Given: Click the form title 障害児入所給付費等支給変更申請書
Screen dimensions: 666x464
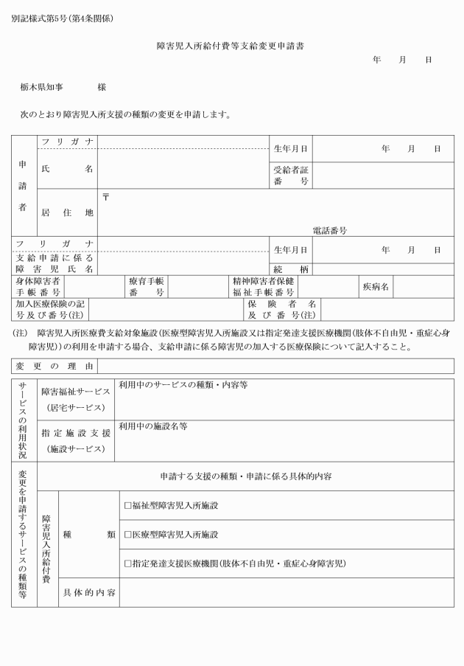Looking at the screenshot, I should coord(231,46).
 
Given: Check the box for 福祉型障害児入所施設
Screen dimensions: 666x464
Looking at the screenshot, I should coord(127,505).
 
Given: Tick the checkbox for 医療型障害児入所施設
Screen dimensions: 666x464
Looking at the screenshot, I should coord(127,534).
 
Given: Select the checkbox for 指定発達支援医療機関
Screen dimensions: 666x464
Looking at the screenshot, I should coord(127,563).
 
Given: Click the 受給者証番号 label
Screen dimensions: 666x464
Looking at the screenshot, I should coord(290,176).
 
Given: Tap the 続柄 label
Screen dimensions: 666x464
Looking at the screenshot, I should coord(290,269).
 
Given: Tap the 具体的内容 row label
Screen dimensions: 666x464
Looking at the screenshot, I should coord(88,592).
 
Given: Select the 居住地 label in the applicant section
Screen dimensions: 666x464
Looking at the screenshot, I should coord(67,212).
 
